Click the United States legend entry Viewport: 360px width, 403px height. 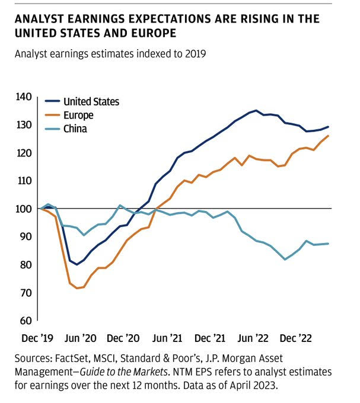[x=91, y=101]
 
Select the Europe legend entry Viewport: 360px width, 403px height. [x=78, y=115]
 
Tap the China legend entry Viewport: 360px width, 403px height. [x=75, y=128]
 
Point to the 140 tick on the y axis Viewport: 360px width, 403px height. [x=27, y=97]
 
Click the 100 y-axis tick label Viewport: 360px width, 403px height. [x=27, y=209]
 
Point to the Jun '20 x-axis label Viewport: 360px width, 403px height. [x=81, y=338]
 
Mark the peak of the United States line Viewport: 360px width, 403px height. [x=256, y=110]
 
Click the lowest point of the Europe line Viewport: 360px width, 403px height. [x=76, y=288]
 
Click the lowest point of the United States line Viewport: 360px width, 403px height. [x=77, y=264]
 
